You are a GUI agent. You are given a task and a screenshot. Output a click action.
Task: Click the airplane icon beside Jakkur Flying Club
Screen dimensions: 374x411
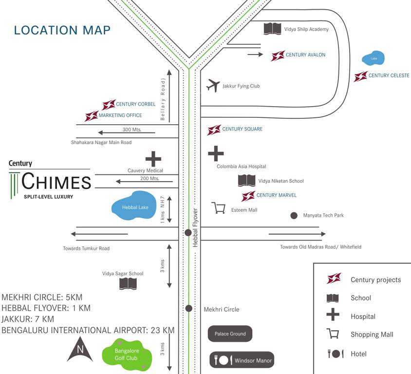click(x=213, y=85)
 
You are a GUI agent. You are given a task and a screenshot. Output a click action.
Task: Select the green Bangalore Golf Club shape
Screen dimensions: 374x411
click(x=126, y=355)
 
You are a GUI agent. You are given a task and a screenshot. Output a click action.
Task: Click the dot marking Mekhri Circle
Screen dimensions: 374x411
click(x=189, y=308)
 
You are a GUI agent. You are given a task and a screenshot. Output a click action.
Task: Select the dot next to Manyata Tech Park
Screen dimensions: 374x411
click(x=294, y=215)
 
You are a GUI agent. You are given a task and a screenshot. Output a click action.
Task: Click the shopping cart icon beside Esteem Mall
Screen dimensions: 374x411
click(x=219, y=208)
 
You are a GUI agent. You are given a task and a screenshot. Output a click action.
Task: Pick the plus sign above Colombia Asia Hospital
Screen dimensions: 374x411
click(x=216, y=153)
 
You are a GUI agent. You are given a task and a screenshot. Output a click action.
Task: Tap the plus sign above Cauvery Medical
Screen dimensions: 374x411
click(x=153, y=159)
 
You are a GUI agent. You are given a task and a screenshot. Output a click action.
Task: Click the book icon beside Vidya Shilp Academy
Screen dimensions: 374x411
click(x=273, y=29)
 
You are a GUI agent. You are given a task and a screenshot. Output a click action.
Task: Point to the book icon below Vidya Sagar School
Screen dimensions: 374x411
click(x=128, y=283)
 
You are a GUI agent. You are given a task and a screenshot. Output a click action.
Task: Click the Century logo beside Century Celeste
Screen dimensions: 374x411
click(x=361, y=76)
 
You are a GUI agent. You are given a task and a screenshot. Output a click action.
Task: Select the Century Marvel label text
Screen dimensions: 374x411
click(x=276, y=195)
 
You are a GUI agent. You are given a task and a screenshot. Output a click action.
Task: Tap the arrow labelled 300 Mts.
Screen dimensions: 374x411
click(x=127, y=132)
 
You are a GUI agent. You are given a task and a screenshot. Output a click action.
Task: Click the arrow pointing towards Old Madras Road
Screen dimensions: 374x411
click(x=297, y=234)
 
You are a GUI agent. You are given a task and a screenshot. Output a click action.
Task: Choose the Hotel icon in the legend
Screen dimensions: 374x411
click(x=336, y=354)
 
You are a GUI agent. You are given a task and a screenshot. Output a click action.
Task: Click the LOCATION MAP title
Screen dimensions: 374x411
click(x=62, y=30)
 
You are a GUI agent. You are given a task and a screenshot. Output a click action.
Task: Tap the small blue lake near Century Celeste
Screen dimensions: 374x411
click(x=374, y=59)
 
